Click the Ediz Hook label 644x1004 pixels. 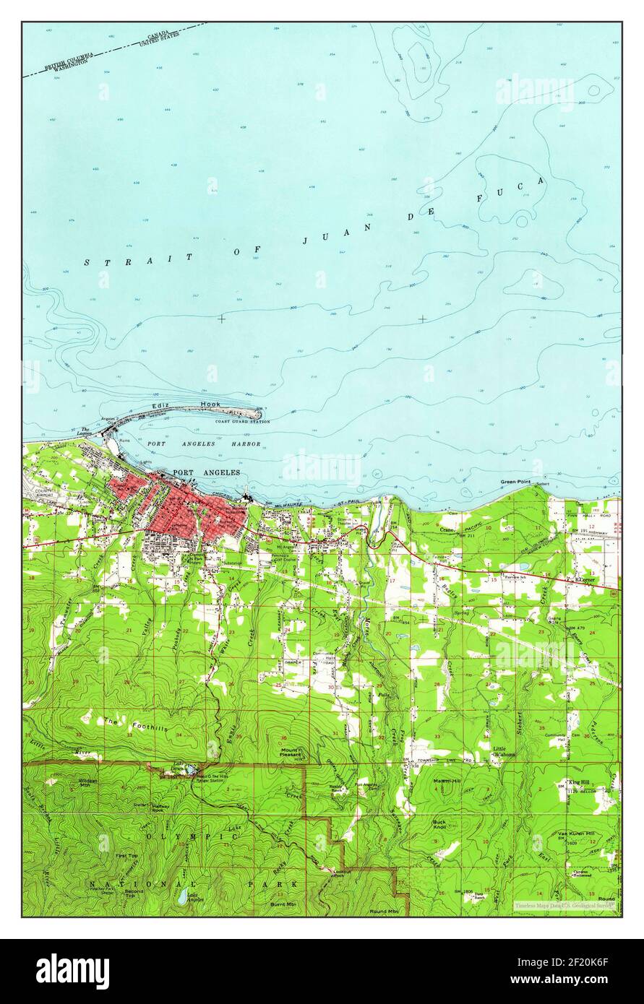coord(205,405)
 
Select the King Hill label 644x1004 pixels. coord(579,782)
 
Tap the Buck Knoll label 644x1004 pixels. coord(439,824)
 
